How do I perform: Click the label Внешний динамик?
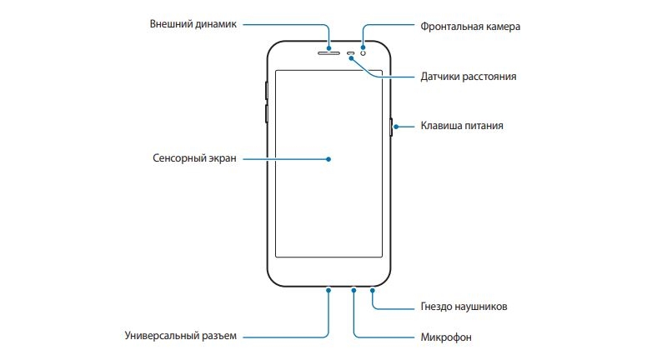tap(193, 24)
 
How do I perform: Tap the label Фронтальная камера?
tap(470, 27)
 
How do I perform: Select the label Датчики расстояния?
tap(469, 77)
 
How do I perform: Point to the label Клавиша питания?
tap(462, 126)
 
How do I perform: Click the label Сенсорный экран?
tap(194, 158)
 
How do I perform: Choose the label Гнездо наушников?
tap(464, 307)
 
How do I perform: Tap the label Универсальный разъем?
tap(181, 336)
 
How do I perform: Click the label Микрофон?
tap(446, 337)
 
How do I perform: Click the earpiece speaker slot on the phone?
tap(329, 53)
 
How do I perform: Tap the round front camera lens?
tap(363, 53)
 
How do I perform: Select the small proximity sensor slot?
tap(351, 53)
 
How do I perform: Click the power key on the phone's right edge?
tap(391, 127)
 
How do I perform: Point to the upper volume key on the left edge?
tap(267, 91)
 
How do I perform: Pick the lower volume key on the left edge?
tap(267, 113)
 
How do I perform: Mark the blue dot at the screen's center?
tap(328, 159)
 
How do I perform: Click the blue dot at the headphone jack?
tap(372, 290)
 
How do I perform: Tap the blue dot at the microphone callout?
tap(354, 290)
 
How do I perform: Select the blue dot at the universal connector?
tap(328, 290)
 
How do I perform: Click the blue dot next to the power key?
tap(396, 127)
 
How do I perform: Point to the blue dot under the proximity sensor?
tap(351, 58)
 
